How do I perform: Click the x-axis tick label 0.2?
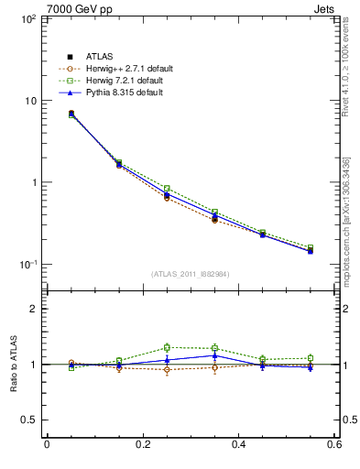click(142, 446)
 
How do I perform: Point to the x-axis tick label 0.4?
click(239, 446)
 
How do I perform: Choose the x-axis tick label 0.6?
click(335, 446)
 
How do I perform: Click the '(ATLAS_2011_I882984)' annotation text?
click(191, 274)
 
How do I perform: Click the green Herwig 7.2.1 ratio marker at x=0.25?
click(167, 347)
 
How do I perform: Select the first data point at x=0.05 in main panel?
click(71, 114)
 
